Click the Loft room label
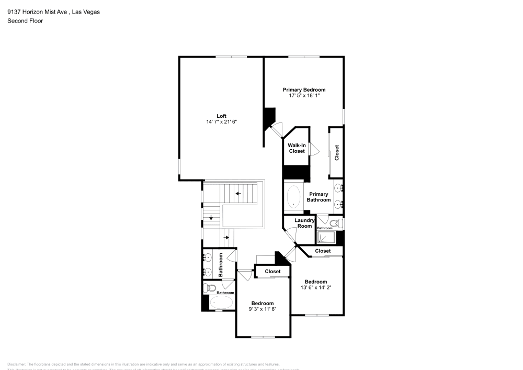pyautogui.click(x=222, y=116)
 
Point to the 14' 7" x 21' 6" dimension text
pyautogui.click(x=222, y=122)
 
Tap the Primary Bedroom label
pyautogui.click(x=304, y=89)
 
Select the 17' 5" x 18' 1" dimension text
pyautogui.click(x=304, y=96)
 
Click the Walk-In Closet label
pyautogui.click(x=297, y=148)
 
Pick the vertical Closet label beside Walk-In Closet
pyautogui.click(x=337, y=152)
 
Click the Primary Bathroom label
pyautogui.click(x=319, y=197)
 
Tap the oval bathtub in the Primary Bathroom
pyautogui.click(x=294, y=197)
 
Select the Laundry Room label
pyautogui.click(x=304, y=223)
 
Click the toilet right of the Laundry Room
pyautogui.click(x=338, y=223)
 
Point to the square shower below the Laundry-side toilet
pyautogui.click(x=327, y=238)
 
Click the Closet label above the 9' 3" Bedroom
pyautogui.click(x=272, y=271)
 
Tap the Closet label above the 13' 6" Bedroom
pyautogui.click(x=323, y=251)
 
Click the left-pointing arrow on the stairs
pyautogui.click(x=238, y=194)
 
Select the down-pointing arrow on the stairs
pyautogui.click(x=211, y=218)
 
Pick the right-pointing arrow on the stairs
pyautogui.click(x=226, y=237)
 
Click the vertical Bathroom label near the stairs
pyautogui.click(x=221, y=265)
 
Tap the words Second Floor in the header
pyautogui.click(x=25, y=21)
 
